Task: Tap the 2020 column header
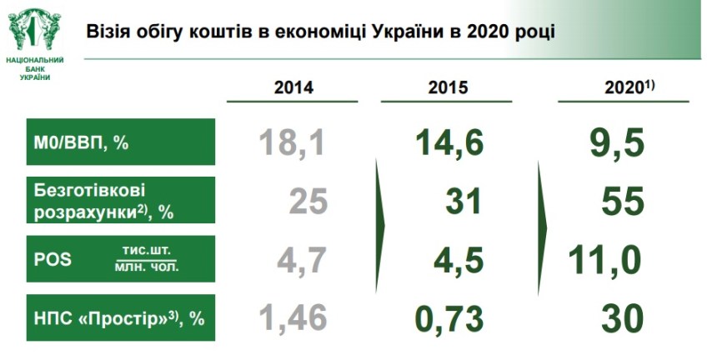coord(628,87)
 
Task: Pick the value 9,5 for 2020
coord(616,142)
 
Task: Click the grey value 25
coord(308,202)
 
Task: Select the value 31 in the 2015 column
coord(464,202)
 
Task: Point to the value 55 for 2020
coord(622,202)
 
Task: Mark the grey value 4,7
coord(299,260)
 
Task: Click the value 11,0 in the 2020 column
coord(604,260)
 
